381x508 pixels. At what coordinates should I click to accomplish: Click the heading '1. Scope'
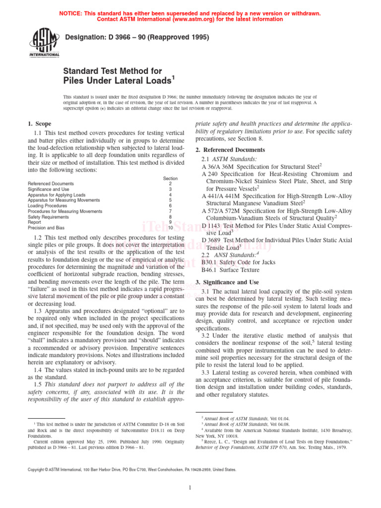coord(39,124)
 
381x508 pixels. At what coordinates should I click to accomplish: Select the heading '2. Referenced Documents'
coord(230,150)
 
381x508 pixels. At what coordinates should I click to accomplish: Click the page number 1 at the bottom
coord(190,488)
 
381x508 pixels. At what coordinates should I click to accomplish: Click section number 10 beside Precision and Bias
coord(170,228)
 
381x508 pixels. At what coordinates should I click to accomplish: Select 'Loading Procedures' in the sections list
coord(47,205)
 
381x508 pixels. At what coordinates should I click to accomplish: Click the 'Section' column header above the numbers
coord(170,178)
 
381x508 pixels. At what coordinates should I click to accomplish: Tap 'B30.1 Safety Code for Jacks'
coord(231,262)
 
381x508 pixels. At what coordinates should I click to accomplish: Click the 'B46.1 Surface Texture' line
coord(230,270)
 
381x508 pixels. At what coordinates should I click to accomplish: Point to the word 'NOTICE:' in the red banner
coord(73,13)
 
